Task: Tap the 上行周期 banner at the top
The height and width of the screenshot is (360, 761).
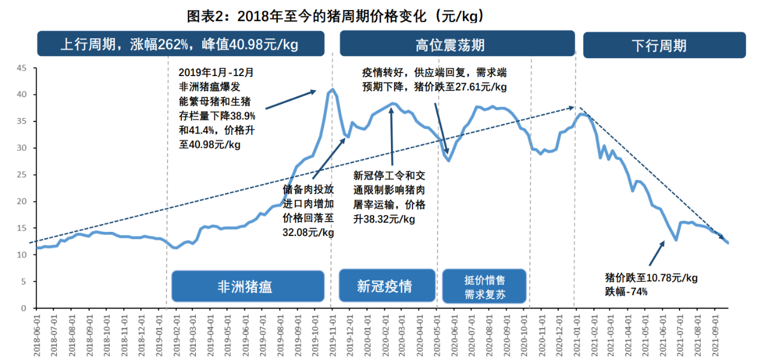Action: coord(180,45)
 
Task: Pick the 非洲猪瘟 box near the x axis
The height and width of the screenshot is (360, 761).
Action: coord(244,286)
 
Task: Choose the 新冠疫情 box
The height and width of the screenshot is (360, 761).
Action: coord(384,286)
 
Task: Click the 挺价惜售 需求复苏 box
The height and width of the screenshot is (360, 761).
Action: coord(484,286)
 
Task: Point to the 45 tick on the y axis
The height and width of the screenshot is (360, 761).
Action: coord(22,68)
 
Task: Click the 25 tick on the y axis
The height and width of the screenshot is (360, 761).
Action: coord(22,175)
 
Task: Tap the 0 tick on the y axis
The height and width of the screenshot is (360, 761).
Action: coord(24,308)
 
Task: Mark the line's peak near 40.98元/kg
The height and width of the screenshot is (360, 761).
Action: coord(332,90)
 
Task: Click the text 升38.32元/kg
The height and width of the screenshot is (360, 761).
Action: coord(384,219)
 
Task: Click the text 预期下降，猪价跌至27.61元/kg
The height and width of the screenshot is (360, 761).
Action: coord(434,87)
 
